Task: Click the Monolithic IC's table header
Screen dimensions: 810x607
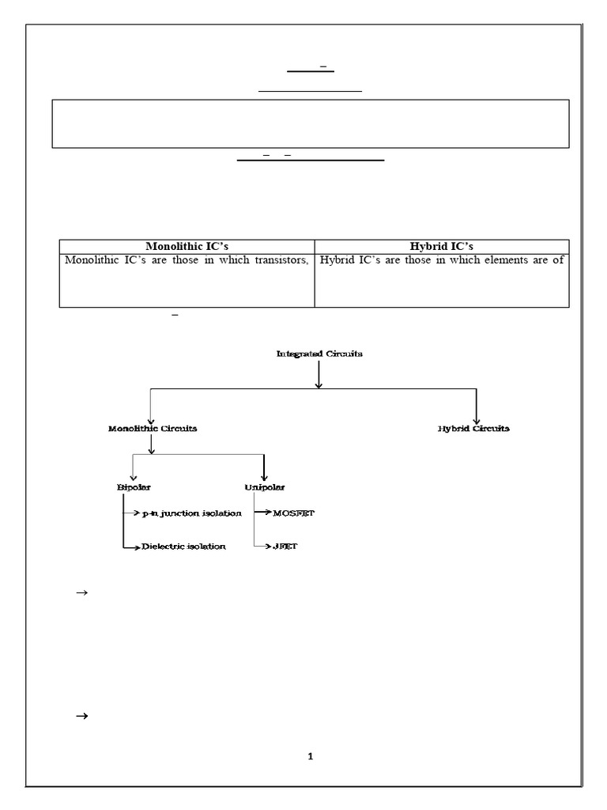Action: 187,246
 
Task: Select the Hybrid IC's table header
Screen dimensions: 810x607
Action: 441,246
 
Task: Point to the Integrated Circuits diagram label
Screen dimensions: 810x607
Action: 319,354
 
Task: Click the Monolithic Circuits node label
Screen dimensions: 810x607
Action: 153,428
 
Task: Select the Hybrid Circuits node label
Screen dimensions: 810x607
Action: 473,428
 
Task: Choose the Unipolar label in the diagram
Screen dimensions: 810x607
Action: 265,487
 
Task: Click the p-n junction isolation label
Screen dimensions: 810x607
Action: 191,514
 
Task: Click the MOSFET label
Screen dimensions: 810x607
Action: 293,514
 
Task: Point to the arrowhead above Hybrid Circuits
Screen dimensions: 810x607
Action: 477,418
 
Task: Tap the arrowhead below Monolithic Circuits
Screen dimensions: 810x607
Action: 151,450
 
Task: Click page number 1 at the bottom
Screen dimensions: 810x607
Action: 311,756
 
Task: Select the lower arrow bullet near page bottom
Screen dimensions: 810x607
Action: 80,717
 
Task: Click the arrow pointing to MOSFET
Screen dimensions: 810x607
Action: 266,514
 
